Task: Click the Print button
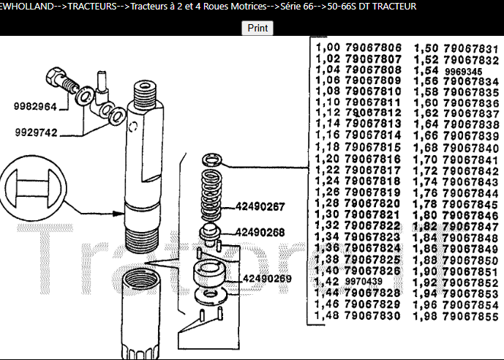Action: (257, 28)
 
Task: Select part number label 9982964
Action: (35, 107)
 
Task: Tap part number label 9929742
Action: (35, 133)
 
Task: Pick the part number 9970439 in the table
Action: (364, 282)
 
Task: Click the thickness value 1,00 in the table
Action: (327, 48)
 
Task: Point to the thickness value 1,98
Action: (426, 316)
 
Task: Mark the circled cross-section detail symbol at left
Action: (34, 190)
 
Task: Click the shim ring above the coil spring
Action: (212, 159)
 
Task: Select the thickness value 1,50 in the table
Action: (426, 48)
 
